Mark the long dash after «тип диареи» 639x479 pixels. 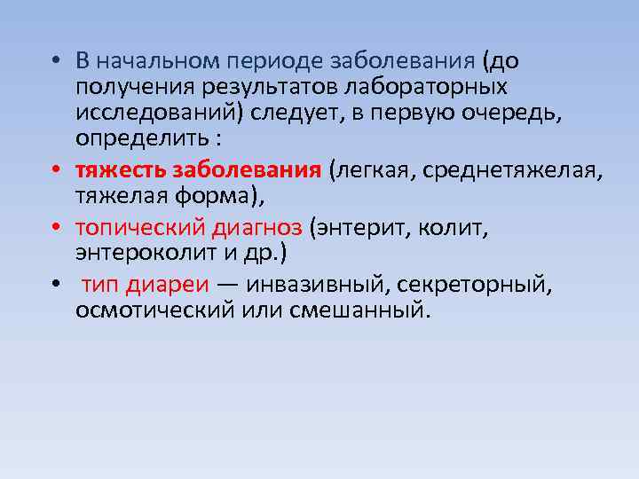coord(228,286)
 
